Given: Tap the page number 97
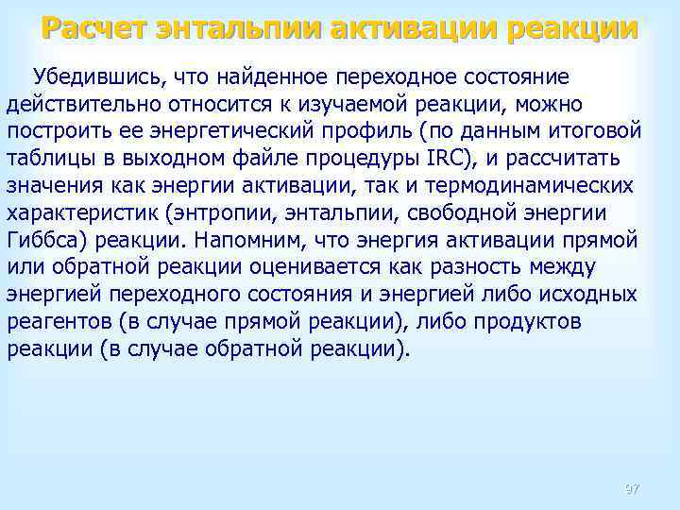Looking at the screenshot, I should (632, 489).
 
